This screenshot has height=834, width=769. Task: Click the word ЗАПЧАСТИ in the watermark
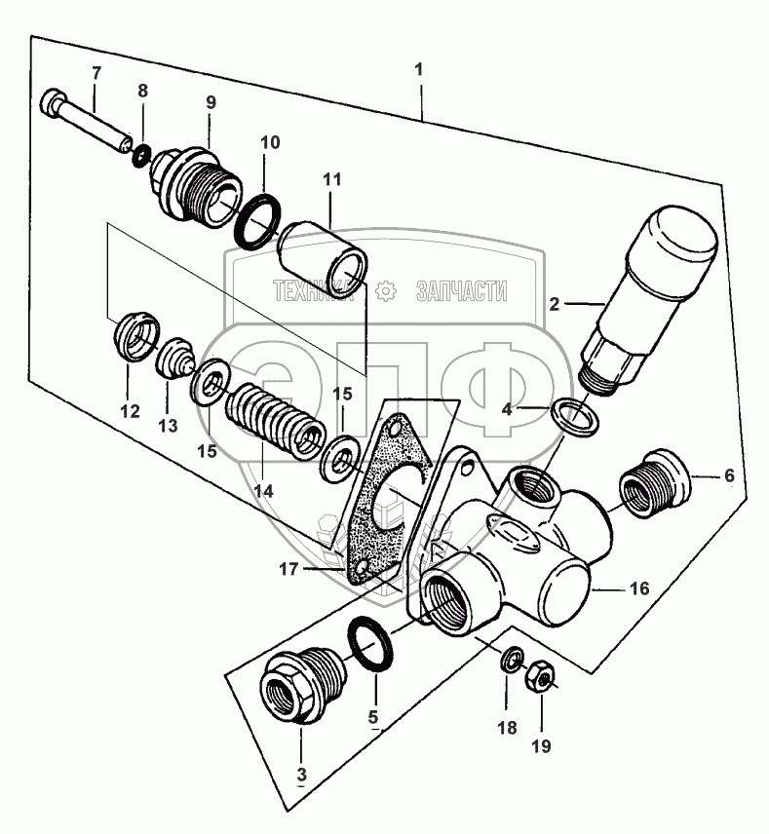click(x=461, y=289)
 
